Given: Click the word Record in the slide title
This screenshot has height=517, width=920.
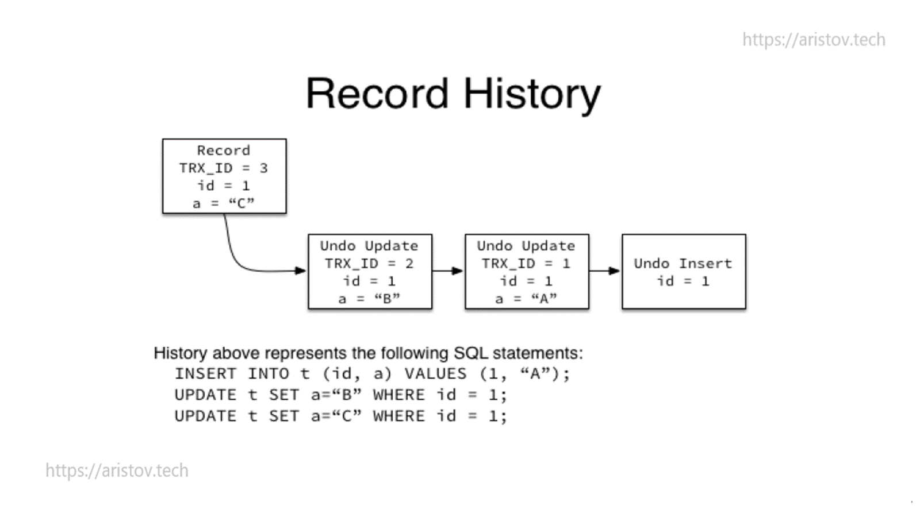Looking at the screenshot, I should pyautogui.click(x=377, y=93).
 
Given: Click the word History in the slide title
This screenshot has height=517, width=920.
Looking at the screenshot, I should pyautogui.click(x=532, y=94).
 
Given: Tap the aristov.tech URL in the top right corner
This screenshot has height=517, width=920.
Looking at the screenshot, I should pyautogui.click(x=813, y=40).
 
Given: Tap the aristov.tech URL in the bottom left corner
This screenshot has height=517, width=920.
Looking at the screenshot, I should pyautogui.click(x=117, y=470).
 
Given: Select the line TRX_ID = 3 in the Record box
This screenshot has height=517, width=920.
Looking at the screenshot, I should pyautogui.click(x=223, y=168).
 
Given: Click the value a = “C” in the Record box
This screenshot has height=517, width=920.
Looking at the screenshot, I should pyautogui.click(x=223, y=203).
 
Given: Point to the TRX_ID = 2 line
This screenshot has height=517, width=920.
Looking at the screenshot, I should pyautogui.click(x=369, y=264).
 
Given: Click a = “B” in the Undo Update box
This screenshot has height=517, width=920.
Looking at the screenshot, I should pyautogui.click(x=369, y=299).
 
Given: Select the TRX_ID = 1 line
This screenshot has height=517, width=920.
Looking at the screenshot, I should pyautogui.click(x=526, y=264).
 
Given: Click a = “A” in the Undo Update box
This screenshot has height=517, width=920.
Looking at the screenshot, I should pyautogui.click(x=526, y=299).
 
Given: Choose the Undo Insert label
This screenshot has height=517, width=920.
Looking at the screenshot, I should pyautogui.click(x=683, y=264).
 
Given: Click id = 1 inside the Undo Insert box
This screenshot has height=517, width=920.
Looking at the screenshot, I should pyautogui.click(x=683, y=281).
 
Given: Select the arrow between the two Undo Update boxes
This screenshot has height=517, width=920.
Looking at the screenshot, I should pyautogui.click(x=448, y=271).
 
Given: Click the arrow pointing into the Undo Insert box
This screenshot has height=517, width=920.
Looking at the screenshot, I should pyautogui.click(x=605, y=271).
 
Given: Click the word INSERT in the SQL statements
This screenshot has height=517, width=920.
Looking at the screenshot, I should pyautogui.click(x=205, y=374).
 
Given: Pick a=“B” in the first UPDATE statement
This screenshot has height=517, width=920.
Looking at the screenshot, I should pyautogui.click(x=336, y=395).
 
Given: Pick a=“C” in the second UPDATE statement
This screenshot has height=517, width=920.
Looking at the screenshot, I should pyautogui.click(x=336, y=416).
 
